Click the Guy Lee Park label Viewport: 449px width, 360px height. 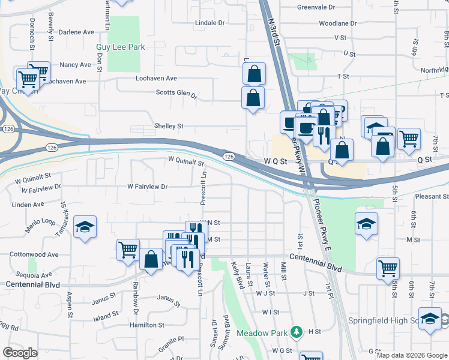pos(121,47)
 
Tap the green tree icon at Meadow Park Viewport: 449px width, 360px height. pos(295,332)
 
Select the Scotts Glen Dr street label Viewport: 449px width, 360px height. pos(176,93)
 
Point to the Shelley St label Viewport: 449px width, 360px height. pos(169,127)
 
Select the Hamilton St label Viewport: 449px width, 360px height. pos(146,325)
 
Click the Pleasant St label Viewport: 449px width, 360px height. pos(431,197)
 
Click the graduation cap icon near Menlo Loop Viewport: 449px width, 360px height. pos(85,226)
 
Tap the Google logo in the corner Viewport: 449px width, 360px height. pos(20,353)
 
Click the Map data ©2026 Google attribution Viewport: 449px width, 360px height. pos(411,355)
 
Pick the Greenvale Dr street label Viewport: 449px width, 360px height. pos(316,7)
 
